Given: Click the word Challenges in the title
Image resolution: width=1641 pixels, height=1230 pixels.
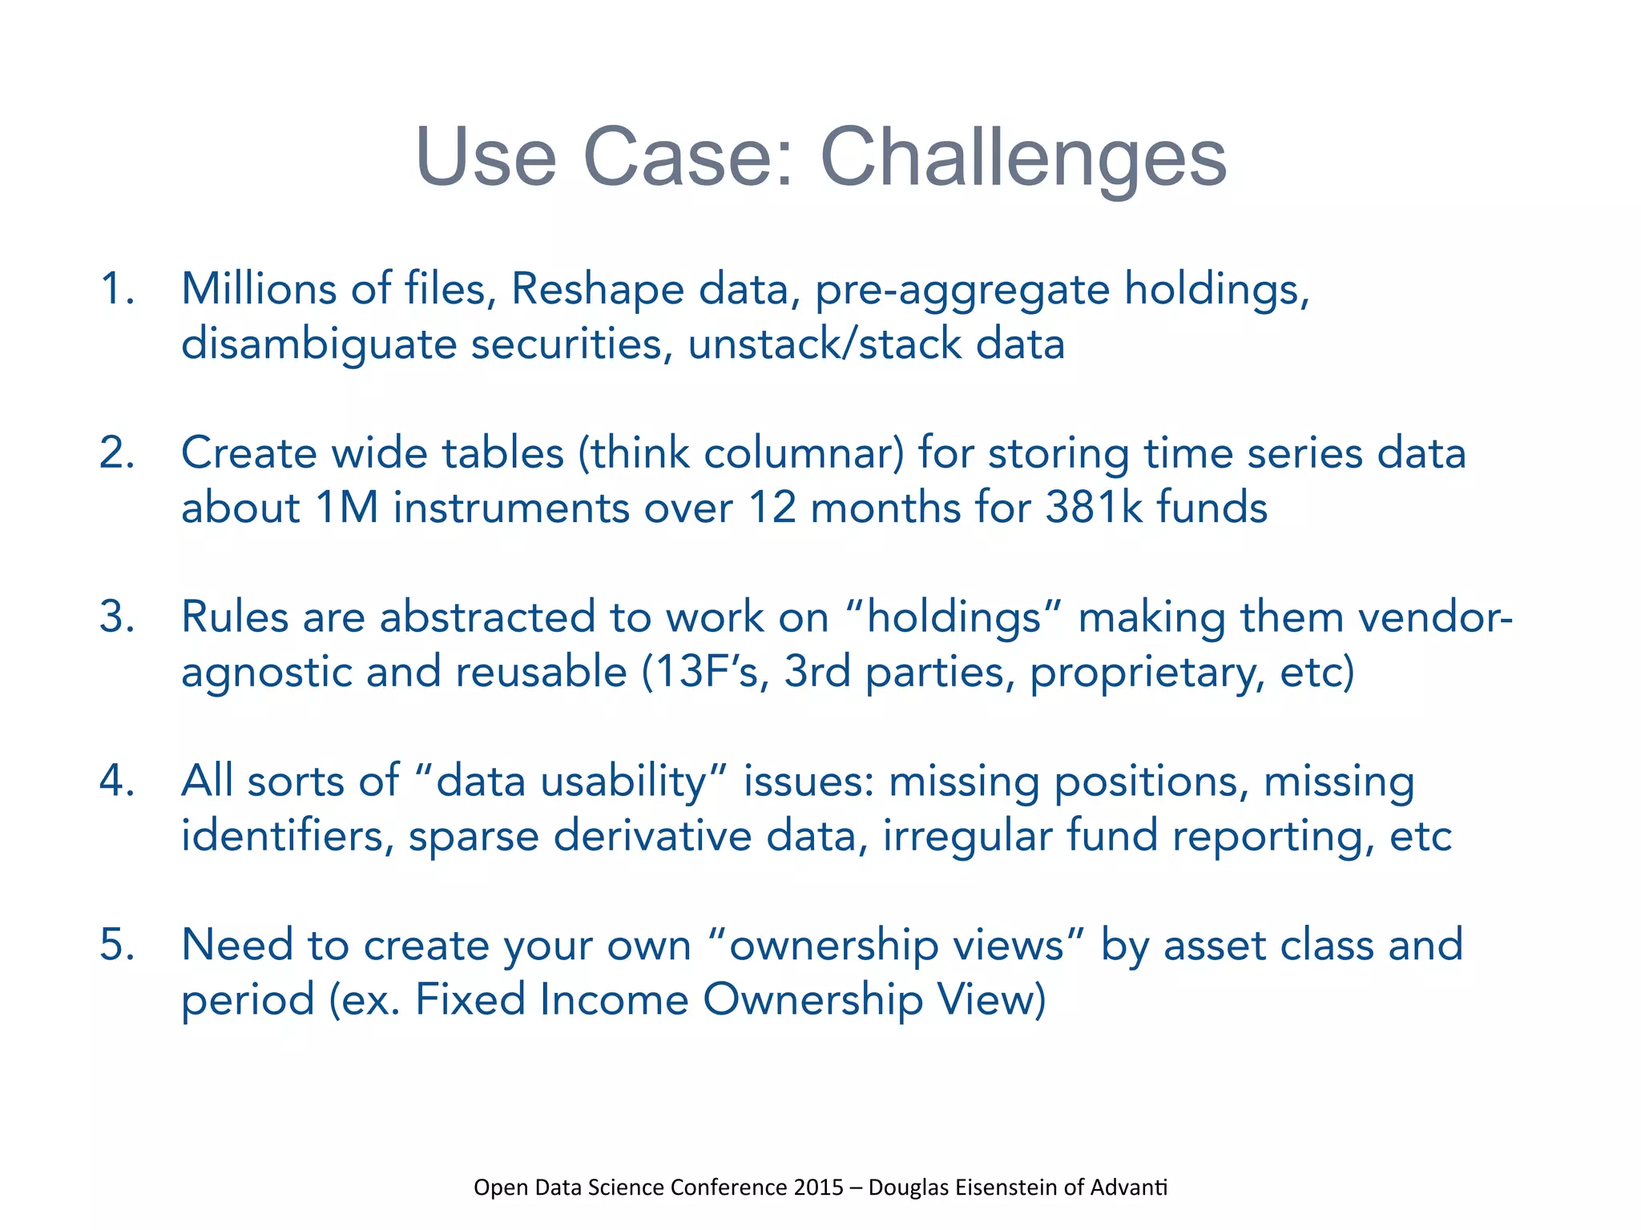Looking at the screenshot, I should click(1023, 158).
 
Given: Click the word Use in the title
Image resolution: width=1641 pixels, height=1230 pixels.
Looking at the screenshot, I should click(486, 158).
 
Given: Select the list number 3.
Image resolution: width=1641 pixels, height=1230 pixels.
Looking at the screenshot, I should click(116, 617).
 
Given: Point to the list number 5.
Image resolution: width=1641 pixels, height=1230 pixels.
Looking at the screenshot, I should click(116, 945).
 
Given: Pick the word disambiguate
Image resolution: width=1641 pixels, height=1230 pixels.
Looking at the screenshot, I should click(318, 344).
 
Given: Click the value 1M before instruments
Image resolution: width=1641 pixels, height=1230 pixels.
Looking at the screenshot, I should click(346, 508).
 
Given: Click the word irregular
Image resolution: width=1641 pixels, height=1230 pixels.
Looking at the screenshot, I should click(967, 836).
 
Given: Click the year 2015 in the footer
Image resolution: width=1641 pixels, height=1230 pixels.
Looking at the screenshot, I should click(818, 1187).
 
